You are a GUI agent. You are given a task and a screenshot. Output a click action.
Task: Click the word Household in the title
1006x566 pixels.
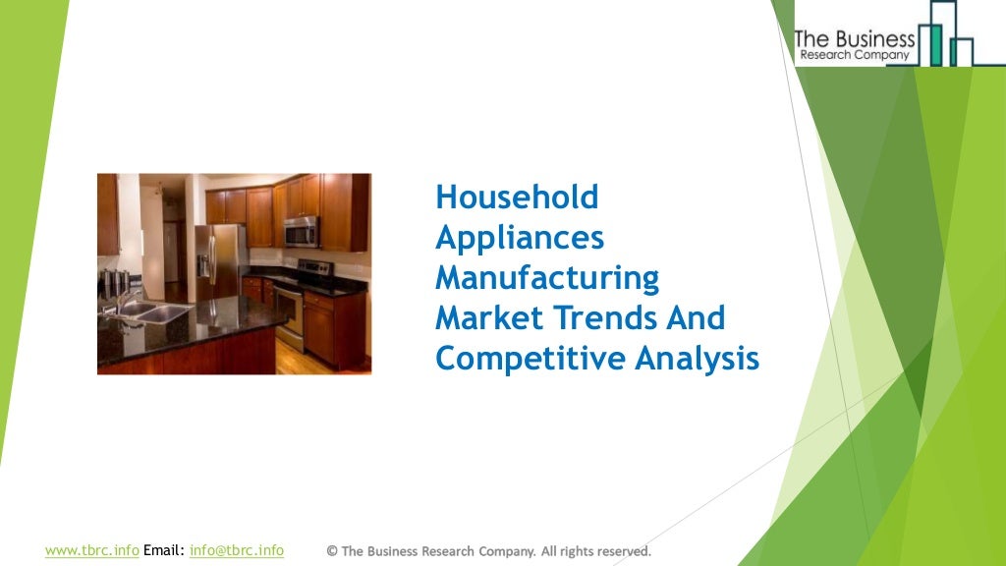tap(517, 198)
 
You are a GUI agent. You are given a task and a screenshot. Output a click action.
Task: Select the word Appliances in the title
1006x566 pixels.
tap(520, 239)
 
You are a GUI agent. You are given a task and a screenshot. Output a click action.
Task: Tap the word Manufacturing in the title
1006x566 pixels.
tap(547, 278)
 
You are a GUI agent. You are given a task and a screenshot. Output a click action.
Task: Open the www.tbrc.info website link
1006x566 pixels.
tap(91, 550)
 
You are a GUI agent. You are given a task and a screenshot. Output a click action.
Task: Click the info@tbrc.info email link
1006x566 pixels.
tap(237, 550)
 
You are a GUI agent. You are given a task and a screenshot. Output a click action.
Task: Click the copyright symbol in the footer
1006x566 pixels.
tap(332, 551)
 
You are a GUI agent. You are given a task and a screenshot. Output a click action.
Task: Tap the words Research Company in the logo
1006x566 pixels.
tap(855, 56)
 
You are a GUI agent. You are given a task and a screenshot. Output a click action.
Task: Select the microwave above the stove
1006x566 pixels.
tap(302, 232)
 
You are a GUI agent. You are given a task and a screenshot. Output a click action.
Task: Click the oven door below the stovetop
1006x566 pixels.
tap(288, 312)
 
